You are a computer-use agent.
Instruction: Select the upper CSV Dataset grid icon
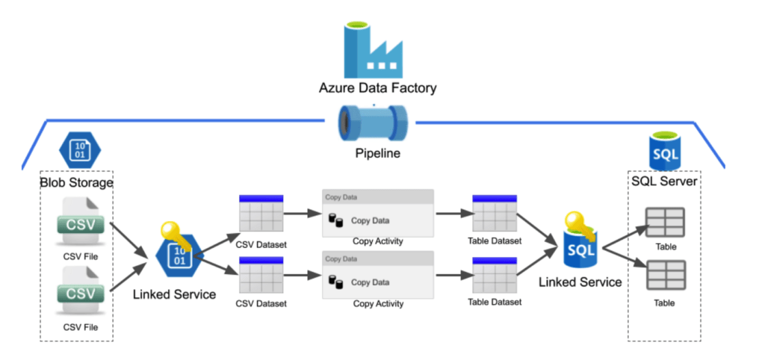[261, 214]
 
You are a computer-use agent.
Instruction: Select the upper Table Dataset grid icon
[495, 214]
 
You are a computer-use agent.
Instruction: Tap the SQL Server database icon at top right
[664, 152]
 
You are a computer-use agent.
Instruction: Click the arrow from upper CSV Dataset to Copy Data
[303, 215]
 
